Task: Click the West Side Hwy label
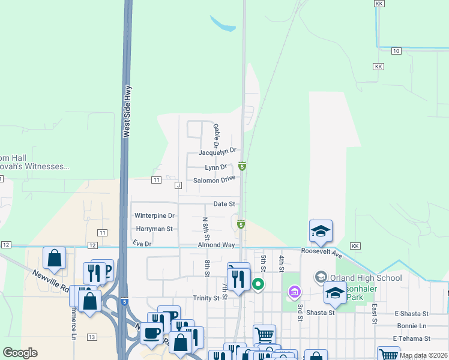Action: pyautogui.click(x=127, y=112)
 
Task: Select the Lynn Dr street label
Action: pyautogui.click(x=216, y=167)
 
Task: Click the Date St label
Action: pyautogui.click(x=224, y=204)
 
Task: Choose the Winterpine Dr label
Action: pyautogui.click(x=154, y=215)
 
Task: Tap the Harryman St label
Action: pyautogui.click(x=154, y=229)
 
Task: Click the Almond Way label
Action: pyautogui.click(x=217, y=245)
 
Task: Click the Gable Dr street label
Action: pyautogui.click(x=215, y=136)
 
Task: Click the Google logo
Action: pyautogui.click(x=20, y=353)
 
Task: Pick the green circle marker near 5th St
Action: pyautogui.click(x=258, y=284)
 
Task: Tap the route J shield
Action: pyautogui.click(x=178, y=185)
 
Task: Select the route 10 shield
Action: pyautogui.click(x=396, y=51)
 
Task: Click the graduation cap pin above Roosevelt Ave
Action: pyautogui.click(x=321, y=231)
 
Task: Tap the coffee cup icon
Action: pyautogui.click(x=151, y=332)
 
